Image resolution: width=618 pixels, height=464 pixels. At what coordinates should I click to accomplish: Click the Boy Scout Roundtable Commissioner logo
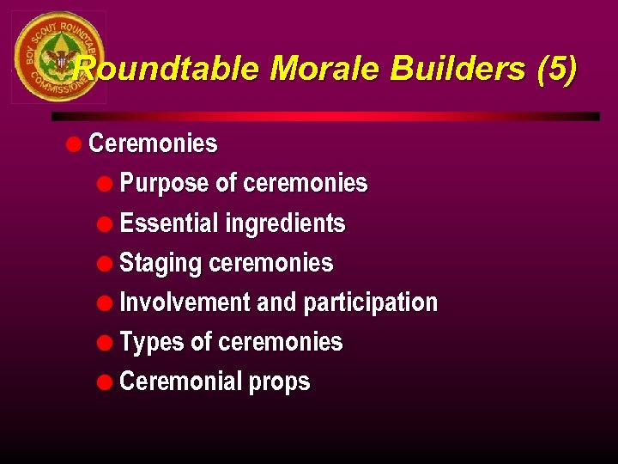pos(58,58)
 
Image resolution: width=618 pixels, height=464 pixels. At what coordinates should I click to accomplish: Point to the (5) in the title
pos(557,69)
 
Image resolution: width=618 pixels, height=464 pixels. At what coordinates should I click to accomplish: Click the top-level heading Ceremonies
pos(153,143)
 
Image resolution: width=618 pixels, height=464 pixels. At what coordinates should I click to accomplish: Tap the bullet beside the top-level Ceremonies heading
pos(74,143)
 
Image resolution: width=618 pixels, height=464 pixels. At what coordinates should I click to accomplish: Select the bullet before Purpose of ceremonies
pos(106,183)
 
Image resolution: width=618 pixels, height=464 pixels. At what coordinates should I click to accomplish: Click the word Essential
pos(169,223)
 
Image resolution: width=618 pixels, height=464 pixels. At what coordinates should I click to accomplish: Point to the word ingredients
pos(285,223)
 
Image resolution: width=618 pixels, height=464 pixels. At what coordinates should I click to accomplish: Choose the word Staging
pos(161,263)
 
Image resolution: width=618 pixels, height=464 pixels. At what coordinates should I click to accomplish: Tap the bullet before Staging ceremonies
pos(106,262)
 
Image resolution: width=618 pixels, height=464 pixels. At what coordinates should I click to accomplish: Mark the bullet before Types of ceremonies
pos(106,341)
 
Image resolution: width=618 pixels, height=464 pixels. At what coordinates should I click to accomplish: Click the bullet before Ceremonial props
pos(106,381)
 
